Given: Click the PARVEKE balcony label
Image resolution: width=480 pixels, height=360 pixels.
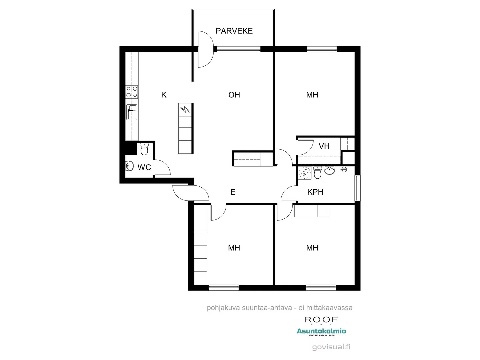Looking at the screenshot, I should pos(234,31).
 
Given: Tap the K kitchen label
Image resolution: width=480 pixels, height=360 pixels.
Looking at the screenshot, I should pos(164,95).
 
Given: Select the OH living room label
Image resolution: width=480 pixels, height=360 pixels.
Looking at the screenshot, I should pos(234,95).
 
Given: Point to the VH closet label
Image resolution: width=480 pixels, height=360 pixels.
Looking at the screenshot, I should pos(324,146).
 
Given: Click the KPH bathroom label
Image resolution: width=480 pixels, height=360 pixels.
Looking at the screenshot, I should pos(315,192).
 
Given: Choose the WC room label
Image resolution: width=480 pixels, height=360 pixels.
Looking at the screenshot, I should pos(144,167).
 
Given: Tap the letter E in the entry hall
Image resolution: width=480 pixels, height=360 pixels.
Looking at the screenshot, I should pos(233,192).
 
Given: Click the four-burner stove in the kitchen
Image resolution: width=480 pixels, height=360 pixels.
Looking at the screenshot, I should pos(132,92).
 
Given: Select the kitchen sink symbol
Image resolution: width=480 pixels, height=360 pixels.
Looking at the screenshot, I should pos(132,112).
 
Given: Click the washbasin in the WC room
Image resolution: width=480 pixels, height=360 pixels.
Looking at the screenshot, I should pos(129,166).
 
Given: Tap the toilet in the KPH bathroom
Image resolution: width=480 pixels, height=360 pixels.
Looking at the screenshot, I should pos(317,173).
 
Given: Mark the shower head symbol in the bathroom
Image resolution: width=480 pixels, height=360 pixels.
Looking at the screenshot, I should pos(343,170).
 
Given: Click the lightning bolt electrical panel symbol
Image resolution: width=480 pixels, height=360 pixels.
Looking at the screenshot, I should pos(185,109).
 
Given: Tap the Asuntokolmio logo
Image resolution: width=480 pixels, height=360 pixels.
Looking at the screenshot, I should pos(321,331).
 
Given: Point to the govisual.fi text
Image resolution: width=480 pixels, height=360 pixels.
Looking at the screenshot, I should pos(331,347).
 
